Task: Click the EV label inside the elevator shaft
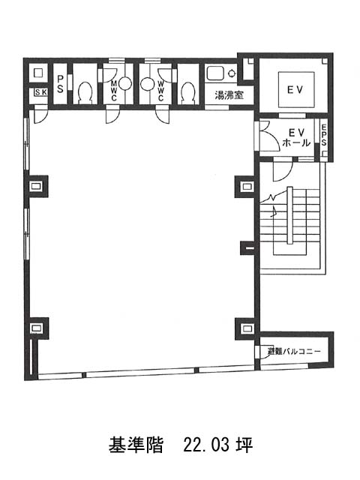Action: point(295,90)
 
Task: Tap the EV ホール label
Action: point(296,137)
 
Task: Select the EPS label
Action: point(324,135)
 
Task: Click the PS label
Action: point(60,84)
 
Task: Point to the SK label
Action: point(40,91)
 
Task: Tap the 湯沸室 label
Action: point(229,95)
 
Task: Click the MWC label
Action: point(114,91)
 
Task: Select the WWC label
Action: point(160,91)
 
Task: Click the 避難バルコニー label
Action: point(294,352)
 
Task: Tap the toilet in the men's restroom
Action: point(85,91)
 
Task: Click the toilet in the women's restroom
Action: point(187,91)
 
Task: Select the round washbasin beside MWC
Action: point(125,83)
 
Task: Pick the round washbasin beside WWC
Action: point(148,83)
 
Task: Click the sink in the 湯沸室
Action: point(215,73)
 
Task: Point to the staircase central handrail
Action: point(290,216)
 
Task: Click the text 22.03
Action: point(206,445)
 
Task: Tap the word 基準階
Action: point(136,445)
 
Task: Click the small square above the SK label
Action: point(38,73)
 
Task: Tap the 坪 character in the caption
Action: point(244,445)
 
